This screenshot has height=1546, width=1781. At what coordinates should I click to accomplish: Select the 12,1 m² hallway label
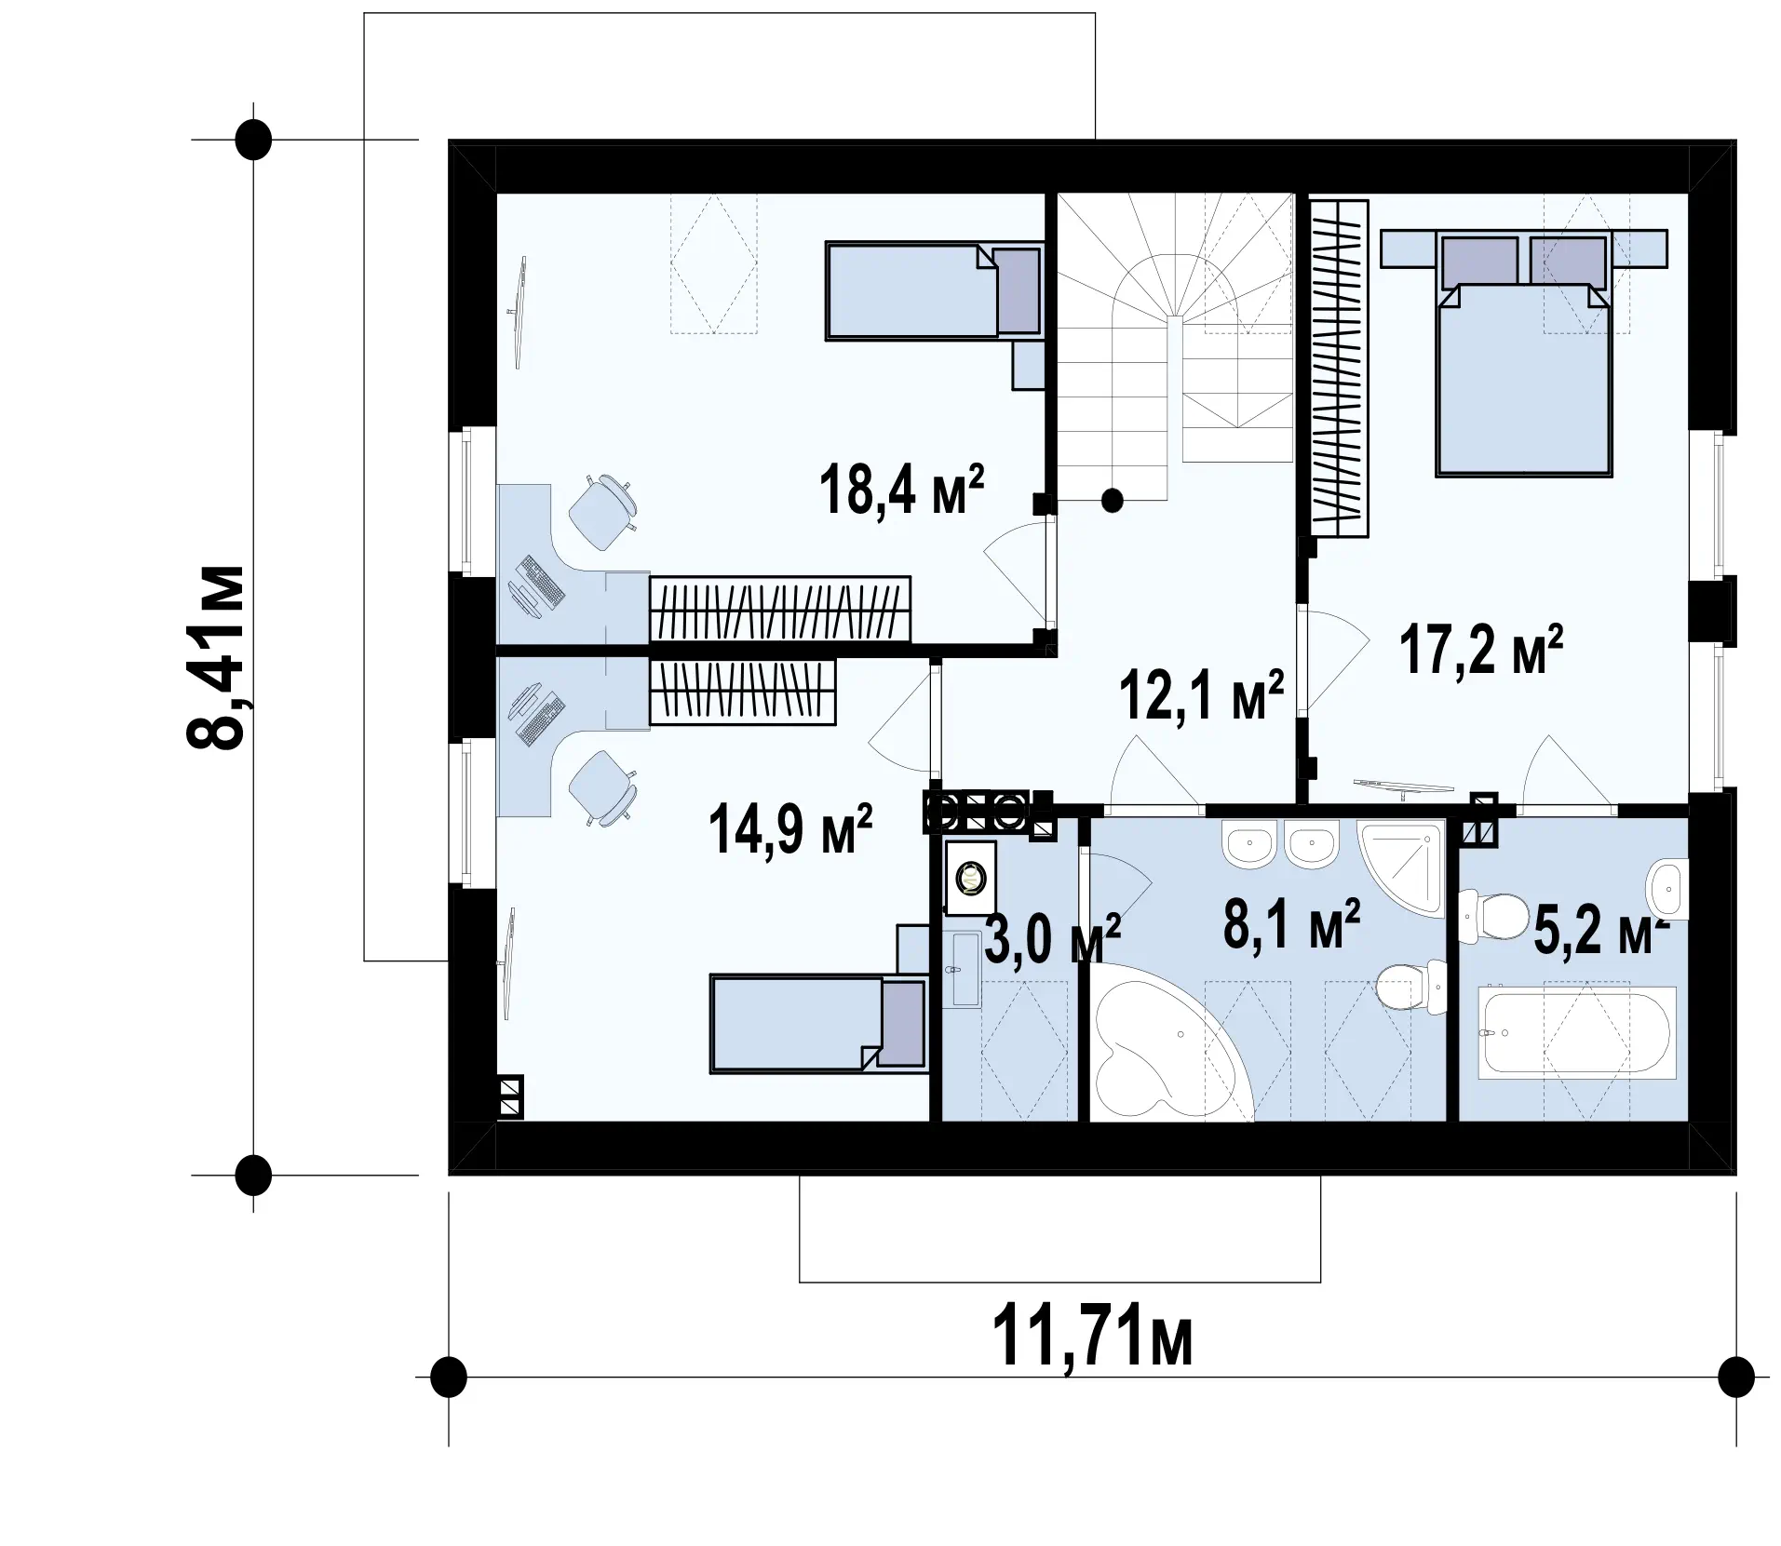[x=1203, y=694]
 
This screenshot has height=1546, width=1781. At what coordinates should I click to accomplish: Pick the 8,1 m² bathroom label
[x=1292, y=923]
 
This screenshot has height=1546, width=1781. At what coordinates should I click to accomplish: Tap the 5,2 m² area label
[x=1599, y=931]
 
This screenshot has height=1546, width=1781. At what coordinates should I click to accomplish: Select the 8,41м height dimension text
[x=216, y=656]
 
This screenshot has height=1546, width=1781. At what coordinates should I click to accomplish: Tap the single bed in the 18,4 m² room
[x=933, y=291]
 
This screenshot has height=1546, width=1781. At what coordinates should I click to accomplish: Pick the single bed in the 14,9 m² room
[x=819, y=1023]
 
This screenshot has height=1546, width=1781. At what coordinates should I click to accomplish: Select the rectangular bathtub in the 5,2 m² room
[x=1577, y=1033]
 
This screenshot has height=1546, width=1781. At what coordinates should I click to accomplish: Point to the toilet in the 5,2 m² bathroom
[x=1489, y=916]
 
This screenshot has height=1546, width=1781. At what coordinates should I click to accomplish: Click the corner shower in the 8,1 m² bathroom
[x=1401, y=867]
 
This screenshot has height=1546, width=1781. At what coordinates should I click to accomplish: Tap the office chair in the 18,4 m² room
[x=604, y=511]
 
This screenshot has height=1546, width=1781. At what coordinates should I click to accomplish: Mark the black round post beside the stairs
[x=1112, y=501]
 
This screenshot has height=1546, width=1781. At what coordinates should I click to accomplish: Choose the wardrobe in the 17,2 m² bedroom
[x=1339, y=369]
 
